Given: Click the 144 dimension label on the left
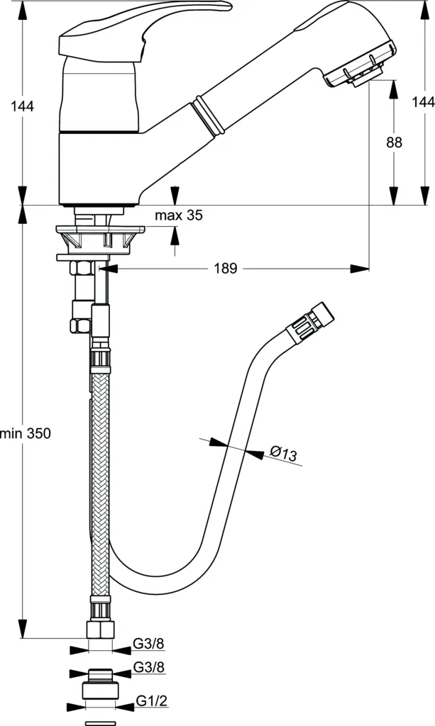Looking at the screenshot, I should [23, 106].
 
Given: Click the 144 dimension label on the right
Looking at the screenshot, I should [423, 102].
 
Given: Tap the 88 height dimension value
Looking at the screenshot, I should [394, 142].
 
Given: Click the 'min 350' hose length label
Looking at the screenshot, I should [26, 433].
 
